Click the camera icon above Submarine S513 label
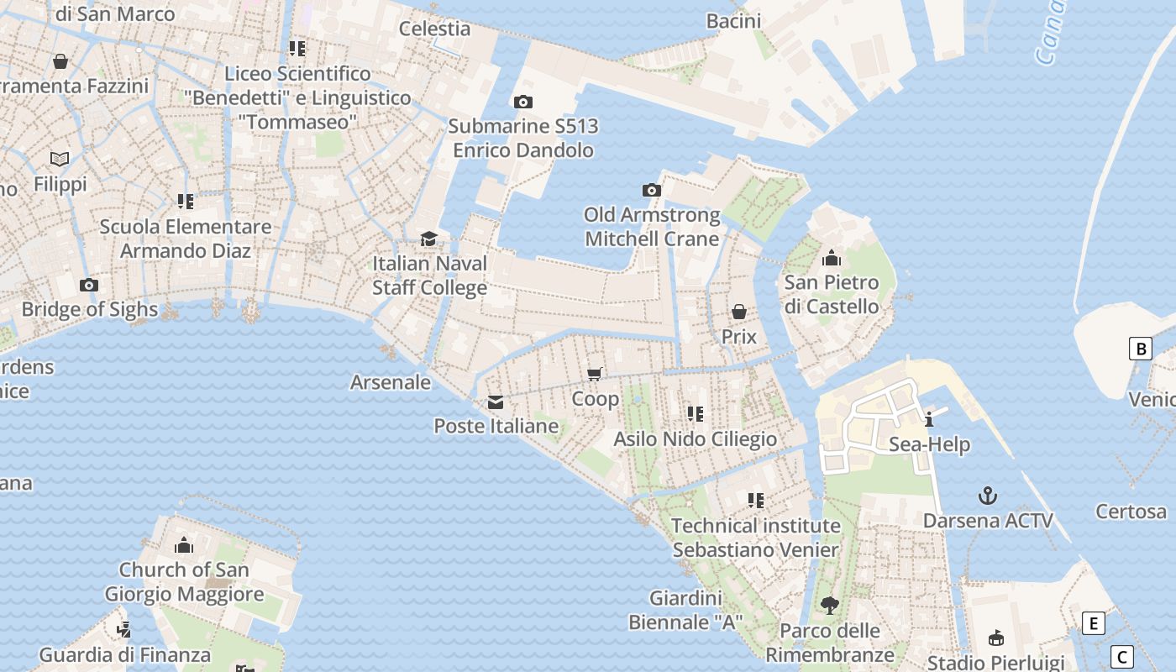pos(522,102)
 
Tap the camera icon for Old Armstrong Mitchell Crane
pos(651,190)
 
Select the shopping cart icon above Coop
pos(595,374)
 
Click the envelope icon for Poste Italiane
pos(496,402)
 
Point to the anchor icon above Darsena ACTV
pos(988,496)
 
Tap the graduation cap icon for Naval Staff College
pos(429,239)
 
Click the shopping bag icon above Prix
pos(739,312)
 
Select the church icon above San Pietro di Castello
pos(832,258)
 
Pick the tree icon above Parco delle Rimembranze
pos(830,605)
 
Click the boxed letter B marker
pos(1140,348)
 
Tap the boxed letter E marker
pos(1093,623)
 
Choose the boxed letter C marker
pos(1121,656)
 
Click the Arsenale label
pos(390,382)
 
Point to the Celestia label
pos(434,28)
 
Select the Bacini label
pos(733,21)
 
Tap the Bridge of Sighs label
pos(89,309)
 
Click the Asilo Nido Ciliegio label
pos(696,438)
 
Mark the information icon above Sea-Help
pos(929,419)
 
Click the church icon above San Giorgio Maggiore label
pos(184,546)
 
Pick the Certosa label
pos(1131,511)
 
